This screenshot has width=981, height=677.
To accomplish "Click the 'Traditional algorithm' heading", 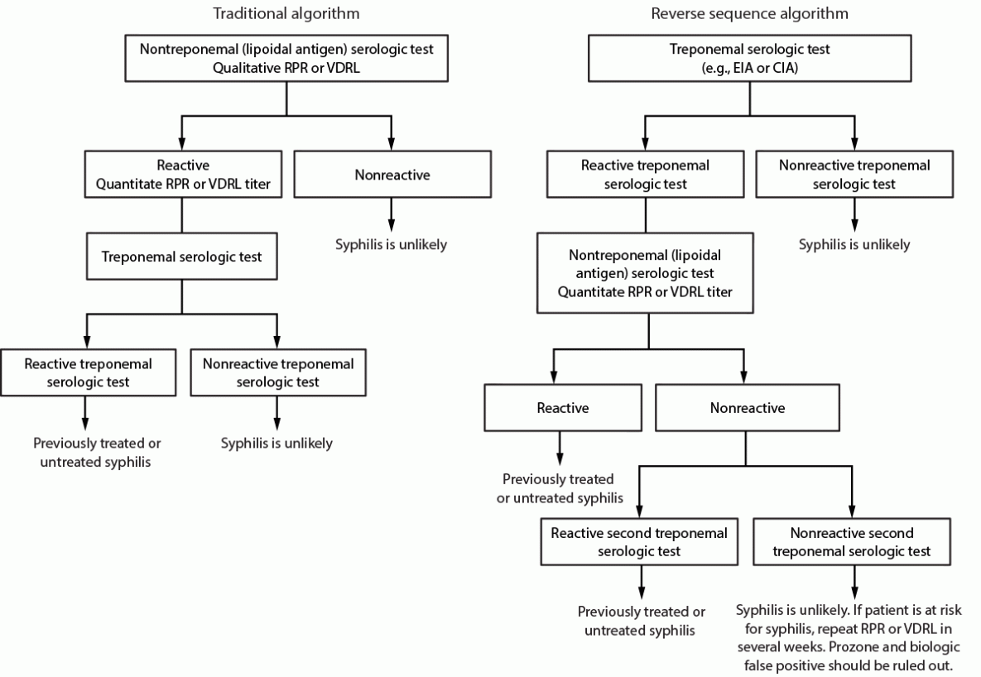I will [x=286, y=14].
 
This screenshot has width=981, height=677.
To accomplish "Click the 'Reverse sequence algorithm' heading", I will [x=749, y=14].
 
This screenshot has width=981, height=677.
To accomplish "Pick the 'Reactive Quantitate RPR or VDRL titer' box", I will [x=181, y=174].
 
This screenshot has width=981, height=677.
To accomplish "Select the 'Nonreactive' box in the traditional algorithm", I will [x=391, y=174].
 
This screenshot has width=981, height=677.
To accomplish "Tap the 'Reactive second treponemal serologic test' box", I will [x=639, y=541].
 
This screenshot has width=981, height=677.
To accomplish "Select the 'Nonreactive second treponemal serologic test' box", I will [x=853, y=541].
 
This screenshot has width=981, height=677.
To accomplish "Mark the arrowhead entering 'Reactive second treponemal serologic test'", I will [x=639, y=513].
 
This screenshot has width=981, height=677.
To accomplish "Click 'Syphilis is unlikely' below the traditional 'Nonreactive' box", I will [x=391, y=244].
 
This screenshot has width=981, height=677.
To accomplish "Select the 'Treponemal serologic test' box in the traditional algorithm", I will [x=181, y=257].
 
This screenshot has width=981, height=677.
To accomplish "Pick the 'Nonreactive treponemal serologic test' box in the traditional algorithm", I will [x=277, y=372].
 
